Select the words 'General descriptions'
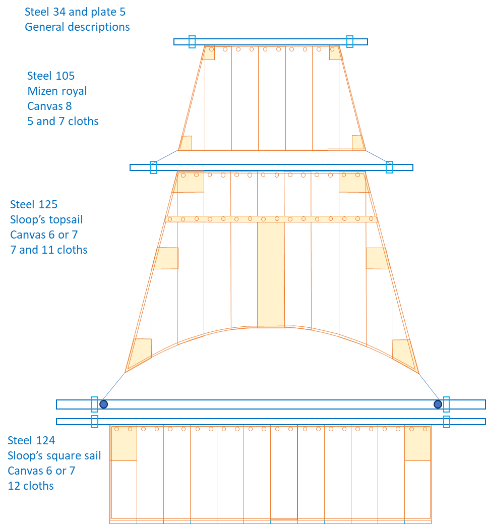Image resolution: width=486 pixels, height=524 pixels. tap(77, 27)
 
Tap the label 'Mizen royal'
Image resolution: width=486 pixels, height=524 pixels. tap(57, 91)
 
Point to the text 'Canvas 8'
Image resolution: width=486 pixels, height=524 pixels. tap(49, 106)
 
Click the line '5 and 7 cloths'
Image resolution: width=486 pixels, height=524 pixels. tap(63, 121)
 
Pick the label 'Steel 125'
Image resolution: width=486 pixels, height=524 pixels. tap(34, 204)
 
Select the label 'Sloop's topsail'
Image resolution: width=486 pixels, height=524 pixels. tap(46, 219)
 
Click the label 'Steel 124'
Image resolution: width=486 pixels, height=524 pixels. tap(31, 440)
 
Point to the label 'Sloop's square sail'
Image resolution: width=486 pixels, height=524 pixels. tap(54, 455)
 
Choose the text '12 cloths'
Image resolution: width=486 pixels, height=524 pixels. tap(31, 486)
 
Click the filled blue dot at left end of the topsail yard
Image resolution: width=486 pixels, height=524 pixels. tap(103, 404)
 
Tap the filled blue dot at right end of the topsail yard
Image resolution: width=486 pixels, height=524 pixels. tap(438, 404)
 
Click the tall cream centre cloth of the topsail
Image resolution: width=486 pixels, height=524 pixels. tap(271, 275)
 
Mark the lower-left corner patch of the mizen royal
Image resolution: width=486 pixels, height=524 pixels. tap(187, 143)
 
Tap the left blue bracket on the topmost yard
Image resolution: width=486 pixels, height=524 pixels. tap(192, 42)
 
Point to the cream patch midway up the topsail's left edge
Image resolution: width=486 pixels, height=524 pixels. tap(166, 258)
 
